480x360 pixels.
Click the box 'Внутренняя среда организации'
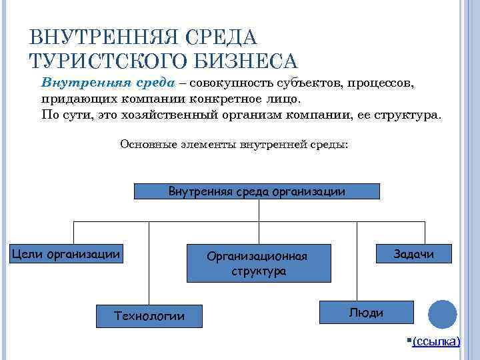click(x=257, y=191)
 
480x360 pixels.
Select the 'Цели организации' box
click(x=66, y=253)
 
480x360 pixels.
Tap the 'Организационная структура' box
click(x=259, y=263)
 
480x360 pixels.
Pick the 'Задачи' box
click(x=413, y=253)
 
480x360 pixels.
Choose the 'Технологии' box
click(x=150, y=315)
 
